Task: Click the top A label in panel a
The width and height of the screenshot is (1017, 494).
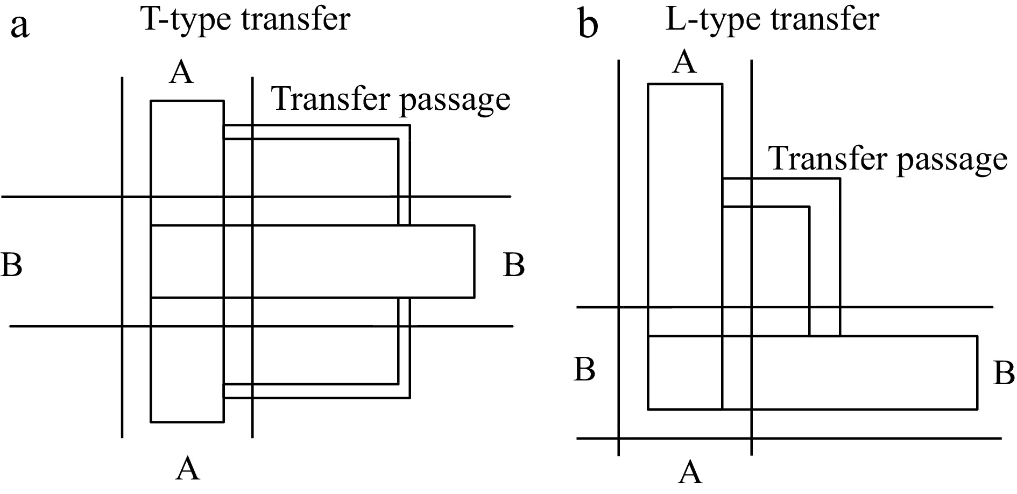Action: coord(181,73)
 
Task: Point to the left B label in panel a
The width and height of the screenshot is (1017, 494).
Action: coord(11,265)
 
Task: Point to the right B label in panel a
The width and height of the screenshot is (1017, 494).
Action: coord(514,265)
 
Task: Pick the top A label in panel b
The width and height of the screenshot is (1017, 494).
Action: coord(684,62)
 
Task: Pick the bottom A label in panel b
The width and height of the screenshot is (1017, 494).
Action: coord(690,472)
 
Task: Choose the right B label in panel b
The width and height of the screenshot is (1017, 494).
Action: coord(1004,373)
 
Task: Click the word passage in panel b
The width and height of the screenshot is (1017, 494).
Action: coord(948,160)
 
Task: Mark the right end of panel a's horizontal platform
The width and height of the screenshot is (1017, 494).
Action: coord(474,262)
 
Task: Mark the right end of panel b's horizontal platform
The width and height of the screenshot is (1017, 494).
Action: coord(977,372)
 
